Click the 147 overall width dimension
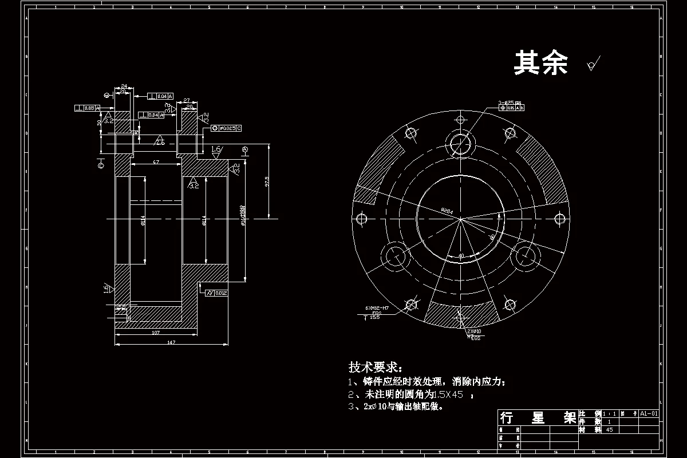pyautogui.click(x=171, y=342)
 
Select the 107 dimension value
pyautogui.click(x=156, y=332)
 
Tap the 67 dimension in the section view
pyautogui.click(x=156, y=163)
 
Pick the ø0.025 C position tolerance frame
pyautogui.click(x=227, y=127)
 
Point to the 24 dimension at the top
pyautogui.click(x=123, y=86)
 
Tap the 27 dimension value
pyautogui.click(x=187, y=101)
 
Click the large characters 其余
pyautogui.click(x=540, y=63)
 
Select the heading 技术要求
pyautogui.click(x=376, y=366)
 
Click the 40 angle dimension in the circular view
pyautogui.click(x=461, y=255)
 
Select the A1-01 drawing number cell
pyautogui.click(x=649, y=413)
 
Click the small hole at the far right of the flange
pyautogui.click(x=561, y=218)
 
